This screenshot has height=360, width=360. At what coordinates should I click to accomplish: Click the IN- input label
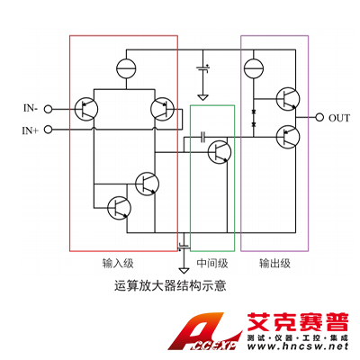tap(31, 108)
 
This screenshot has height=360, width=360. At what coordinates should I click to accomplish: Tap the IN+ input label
tap(31, 130)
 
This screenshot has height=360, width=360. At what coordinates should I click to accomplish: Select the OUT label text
tap(339, 118)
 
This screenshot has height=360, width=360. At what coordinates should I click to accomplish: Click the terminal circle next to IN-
tap(48, 109)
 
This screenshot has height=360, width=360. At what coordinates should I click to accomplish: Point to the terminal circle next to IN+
tap(48, 130)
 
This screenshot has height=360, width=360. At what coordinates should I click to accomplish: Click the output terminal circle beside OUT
tap(319, 117)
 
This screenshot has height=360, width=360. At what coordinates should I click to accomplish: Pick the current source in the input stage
tap(126, 68)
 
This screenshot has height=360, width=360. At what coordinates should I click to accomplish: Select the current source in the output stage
tap(254, 68)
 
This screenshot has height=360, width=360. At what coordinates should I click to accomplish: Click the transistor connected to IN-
tap(86, 109)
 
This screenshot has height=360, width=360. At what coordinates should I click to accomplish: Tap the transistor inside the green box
tap(220, 152)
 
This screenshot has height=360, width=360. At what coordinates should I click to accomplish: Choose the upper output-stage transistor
tap(288, 99)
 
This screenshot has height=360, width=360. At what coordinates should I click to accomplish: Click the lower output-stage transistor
tap(288, 137)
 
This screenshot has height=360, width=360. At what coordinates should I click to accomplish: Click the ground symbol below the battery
tap(203, 97)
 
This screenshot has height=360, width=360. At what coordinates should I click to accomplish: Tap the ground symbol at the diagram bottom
tap(184, 270)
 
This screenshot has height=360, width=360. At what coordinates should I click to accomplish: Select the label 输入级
tap(118, 263)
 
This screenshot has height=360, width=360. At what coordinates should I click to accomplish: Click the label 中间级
tap(212, 263)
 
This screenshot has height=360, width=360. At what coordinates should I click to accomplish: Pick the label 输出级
tap(274, 263)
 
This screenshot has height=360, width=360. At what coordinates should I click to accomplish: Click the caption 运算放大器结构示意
tap(170, 285)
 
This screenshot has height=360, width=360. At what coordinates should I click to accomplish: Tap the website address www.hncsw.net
tap(298, 346)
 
